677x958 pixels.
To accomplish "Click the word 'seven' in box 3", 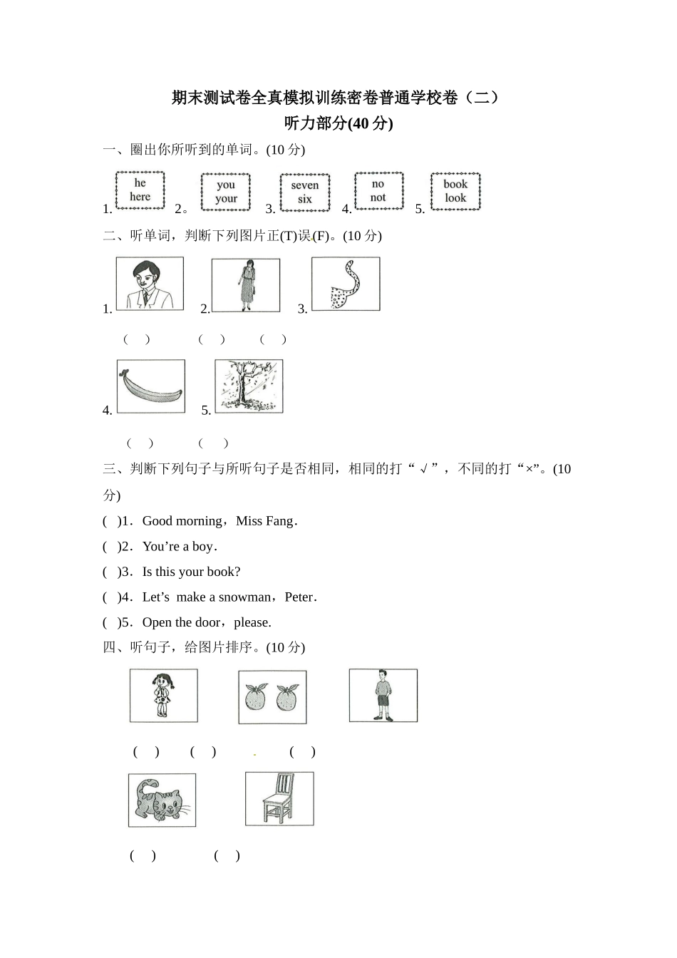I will [x=304, y=185].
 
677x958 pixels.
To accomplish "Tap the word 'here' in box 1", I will [x=140, y=197].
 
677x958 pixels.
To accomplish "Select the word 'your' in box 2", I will [x=226, y=199].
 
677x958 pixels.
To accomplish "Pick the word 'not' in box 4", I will [x=378, y=197].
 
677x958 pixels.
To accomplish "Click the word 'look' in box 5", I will [x=455, y=197].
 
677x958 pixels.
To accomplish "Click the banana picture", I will [x=150, y=386].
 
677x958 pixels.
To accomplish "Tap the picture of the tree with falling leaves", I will [x=249, y=386].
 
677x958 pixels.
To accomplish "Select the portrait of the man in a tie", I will [x=150, y=284].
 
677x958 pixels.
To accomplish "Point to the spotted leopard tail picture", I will [x=346, y=284].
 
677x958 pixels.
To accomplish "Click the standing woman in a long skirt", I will [x=246, y=285].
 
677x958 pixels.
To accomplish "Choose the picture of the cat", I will [x=162, y=800].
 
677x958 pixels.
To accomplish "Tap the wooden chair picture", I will [x=279, y=799].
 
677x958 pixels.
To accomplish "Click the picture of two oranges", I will [x=272, y=697].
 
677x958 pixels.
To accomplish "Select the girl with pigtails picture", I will [x=163, y=696].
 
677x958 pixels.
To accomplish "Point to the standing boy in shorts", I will [x=383, y=696].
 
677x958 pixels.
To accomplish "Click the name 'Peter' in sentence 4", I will [x=299, y=597].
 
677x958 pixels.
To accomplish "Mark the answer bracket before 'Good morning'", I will [x=111, y=521].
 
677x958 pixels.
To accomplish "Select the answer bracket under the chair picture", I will [x=227, y=855].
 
